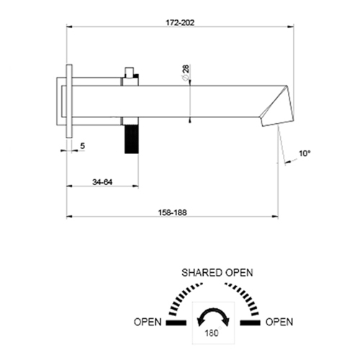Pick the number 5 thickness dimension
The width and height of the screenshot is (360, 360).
point(83,146)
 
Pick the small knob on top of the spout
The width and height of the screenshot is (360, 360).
point(130,73)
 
